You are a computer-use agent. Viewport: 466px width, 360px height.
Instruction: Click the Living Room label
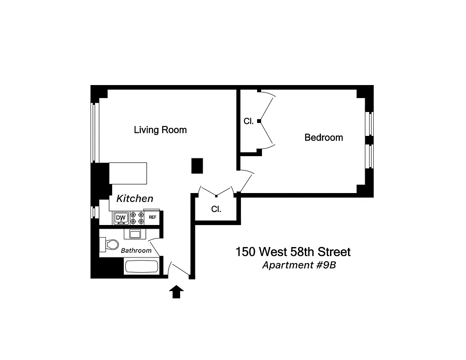click(160, 130)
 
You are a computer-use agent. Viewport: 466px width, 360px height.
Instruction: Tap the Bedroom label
click(324, 138)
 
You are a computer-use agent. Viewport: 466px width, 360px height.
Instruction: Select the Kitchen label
click(135, 198)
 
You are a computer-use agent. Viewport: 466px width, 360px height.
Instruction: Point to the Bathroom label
click(136, 250)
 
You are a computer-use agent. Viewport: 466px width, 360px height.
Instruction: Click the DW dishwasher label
click(120, 218)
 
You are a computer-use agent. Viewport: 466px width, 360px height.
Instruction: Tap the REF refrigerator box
click(153, 217)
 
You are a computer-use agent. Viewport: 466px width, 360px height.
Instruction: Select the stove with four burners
click(137, 218)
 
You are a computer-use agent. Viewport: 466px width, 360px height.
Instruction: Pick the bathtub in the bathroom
click(142, 266)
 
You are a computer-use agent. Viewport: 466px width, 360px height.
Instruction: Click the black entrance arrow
click(176, 292)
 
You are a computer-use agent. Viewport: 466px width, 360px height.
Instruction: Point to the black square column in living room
click(197, 166)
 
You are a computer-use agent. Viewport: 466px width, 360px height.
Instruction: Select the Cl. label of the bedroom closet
click(249, 121)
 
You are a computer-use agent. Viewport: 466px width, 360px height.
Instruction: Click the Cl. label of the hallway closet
click(217, 209)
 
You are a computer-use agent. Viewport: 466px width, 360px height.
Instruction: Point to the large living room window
click(94, 132)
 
